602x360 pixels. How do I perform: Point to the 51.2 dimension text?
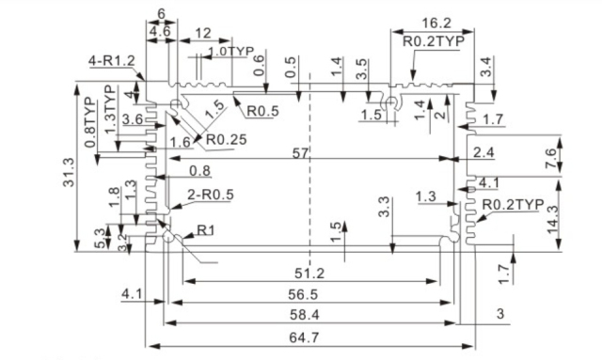[309, 274]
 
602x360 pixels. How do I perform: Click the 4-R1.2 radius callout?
[112, 61]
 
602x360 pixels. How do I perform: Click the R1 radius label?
[206, 230]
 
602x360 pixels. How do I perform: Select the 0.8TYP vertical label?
[90, 122]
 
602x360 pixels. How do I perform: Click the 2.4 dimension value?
[484, 153]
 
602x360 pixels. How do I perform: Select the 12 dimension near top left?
[200, 33]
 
